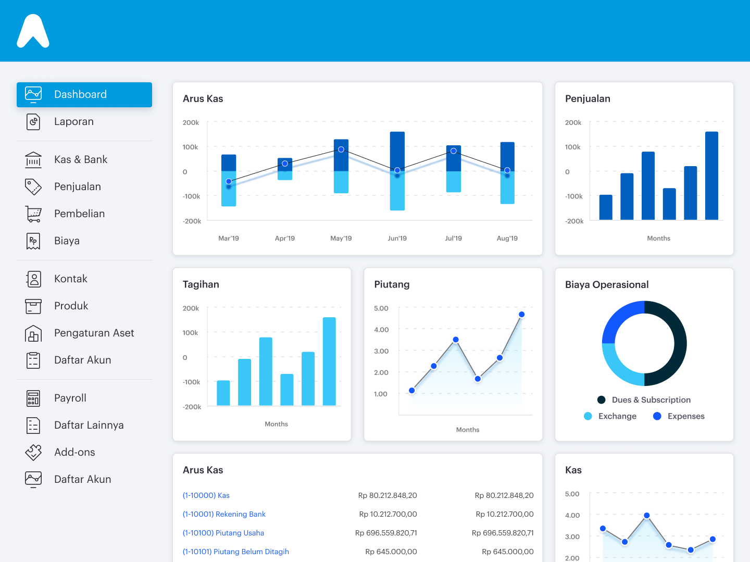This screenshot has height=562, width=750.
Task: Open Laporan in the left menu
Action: pyautogui.click(x=73, y=122)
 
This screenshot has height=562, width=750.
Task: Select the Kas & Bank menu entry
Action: pyautogui.click(x=80, y=160)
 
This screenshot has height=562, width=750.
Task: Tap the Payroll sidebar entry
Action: pyautogui.click(x=70, y=398)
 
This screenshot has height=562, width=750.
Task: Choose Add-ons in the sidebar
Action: pyautogui.click(x=74, y=453)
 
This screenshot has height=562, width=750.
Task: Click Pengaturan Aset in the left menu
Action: pyautogui.click(x=94, y=333)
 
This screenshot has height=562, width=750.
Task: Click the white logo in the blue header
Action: pyautogui.click(x=33, y=31)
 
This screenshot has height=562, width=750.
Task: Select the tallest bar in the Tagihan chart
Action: pyautogui.click(x=329, y=361)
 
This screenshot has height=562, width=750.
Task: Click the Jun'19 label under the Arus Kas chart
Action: pyautogui.click(x=397, y=239)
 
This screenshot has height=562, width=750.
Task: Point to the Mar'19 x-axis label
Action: pyautogui.click(x=229, y=239)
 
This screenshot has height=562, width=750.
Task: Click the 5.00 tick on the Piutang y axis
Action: pyautogui.click(x=381, y=308)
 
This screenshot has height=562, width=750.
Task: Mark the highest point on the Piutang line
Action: pyautogui.click(x=521, y=315)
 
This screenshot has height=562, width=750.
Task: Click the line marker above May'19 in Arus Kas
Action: pyautogui.click(x=341, y=149)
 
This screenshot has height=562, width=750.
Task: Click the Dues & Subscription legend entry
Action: pyautogui.click(x=651, y=400)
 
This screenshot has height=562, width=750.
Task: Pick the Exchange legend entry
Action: pyautogui.click(x=617, y=416)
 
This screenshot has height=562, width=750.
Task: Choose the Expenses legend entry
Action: pyautogui.click(x=685, y=416)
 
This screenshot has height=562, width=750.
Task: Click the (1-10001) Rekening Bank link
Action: pyautogui.click(x=224, y=515)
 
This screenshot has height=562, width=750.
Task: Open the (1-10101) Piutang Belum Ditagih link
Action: pyautogui.click(x=235, y=552)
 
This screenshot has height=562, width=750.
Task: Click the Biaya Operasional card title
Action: pyautogui.click(x=607, y=285)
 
